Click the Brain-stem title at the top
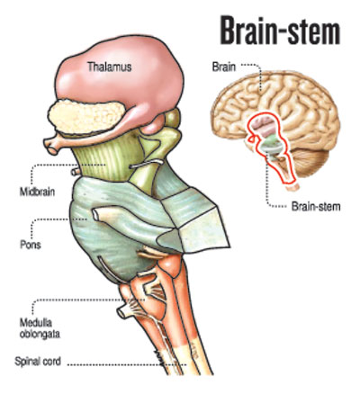(x=280, y=30)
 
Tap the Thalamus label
(x=109, y=67)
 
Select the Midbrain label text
(x=37, y=192)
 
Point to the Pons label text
(x=31, y=245)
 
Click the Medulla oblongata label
(x=40, y=328)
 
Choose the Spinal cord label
(x=38, y=361)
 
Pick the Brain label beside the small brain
(x=224, y=67)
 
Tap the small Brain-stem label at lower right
(x=316, y=206)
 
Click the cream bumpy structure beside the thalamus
(x=87, y=117)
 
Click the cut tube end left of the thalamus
(x=51, y=145)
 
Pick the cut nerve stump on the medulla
(x=123, y=312)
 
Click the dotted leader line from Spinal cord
(x=127, y=365)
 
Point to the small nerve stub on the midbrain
(x=76, y=172)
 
